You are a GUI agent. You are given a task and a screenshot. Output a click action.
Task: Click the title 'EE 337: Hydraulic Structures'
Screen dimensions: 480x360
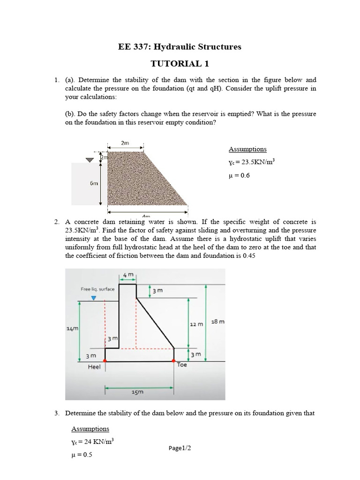pos(180,46)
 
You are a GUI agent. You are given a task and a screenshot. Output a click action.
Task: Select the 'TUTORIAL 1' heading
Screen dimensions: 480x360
pos(180,63)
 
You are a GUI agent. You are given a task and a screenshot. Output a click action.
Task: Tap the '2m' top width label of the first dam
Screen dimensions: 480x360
pos(125,143)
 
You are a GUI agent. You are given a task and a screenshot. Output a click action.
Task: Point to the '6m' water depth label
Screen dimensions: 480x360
pos(94,183)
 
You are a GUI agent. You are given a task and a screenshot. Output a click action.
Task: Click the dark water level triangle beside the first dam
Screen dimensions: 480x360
pos(90,160)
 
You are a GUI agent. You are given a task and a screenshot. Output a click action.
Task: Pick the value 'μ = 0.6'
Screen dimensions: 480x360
pos(240,175)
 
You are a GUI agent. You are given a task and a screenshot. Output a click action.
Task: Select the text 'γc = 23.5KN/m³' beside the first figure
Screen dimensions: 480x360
pos(251,162)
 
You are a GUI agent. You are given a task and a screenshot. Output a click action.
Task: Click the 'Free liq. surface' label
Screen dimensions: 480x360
pos(97,289)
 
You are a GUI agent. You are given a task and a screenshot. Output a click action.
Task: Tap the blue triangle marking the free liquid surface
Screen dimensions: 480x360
pos(94,298)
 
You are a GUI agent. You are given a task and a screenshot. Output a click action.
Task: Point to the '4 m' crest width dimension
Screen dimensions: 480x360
pos(128,274)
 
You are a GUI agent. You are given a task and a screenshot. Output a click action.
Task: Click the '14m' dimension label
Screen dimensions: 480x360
pos(72,330)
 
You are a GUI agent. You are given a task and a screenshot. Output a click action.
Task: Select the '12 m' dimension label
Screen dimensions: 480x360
pos(196,324)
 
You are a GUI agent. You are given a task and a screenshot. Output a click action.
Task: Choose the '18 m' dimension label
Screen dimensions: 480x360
pos(218,322)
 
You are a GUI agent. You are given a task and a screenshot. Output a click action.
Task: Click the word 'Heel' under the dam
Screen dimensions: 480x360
pos(94,367)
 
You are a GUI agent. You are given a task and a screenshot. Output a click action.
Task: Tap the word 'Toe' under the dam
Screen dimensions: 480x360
pos(182,364)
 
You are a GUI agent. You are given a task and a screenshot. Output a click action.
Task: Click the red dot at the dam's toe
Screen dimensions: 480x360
pos(174,361)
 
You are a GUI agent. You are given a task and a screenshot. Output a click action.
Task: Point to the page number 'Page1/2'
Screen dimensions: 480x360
pos(180,448)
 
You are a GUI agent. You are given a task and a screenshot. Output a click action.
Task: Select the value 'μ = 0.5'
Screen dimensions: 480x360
pos(82,455)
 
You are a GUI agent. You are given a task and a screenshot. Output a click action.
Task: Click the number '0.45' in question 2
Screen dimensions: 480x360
pos(248,255)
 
